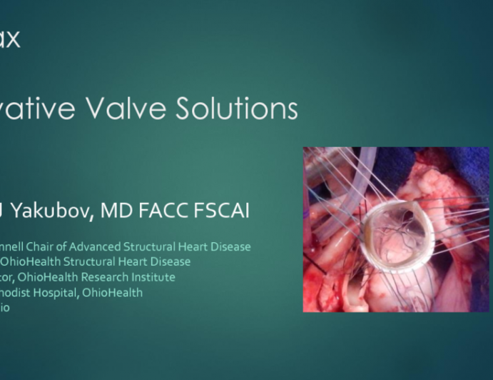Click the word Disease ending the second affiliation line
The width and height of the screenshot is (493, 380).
170,262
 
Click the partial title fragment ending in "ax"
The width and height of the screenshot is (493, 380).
10,38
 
